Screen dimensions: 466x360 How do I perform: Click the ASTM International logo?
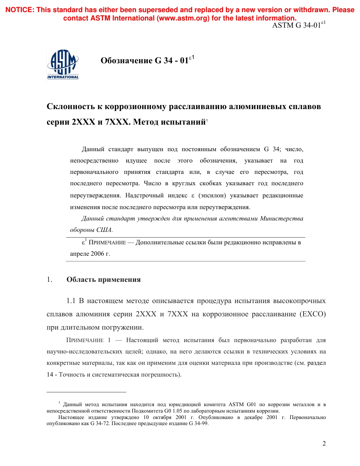tap(63, 65)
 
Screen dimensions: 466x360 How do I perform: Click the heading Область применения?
tap(103, 280)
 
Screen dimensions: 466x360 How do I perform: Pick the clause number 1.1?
tap(72, 301)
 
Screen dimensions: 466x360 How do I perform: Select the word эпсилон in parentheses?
tap(214, 195)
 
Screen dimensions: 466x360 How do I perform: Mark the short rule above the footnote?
tap(86, 392)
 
